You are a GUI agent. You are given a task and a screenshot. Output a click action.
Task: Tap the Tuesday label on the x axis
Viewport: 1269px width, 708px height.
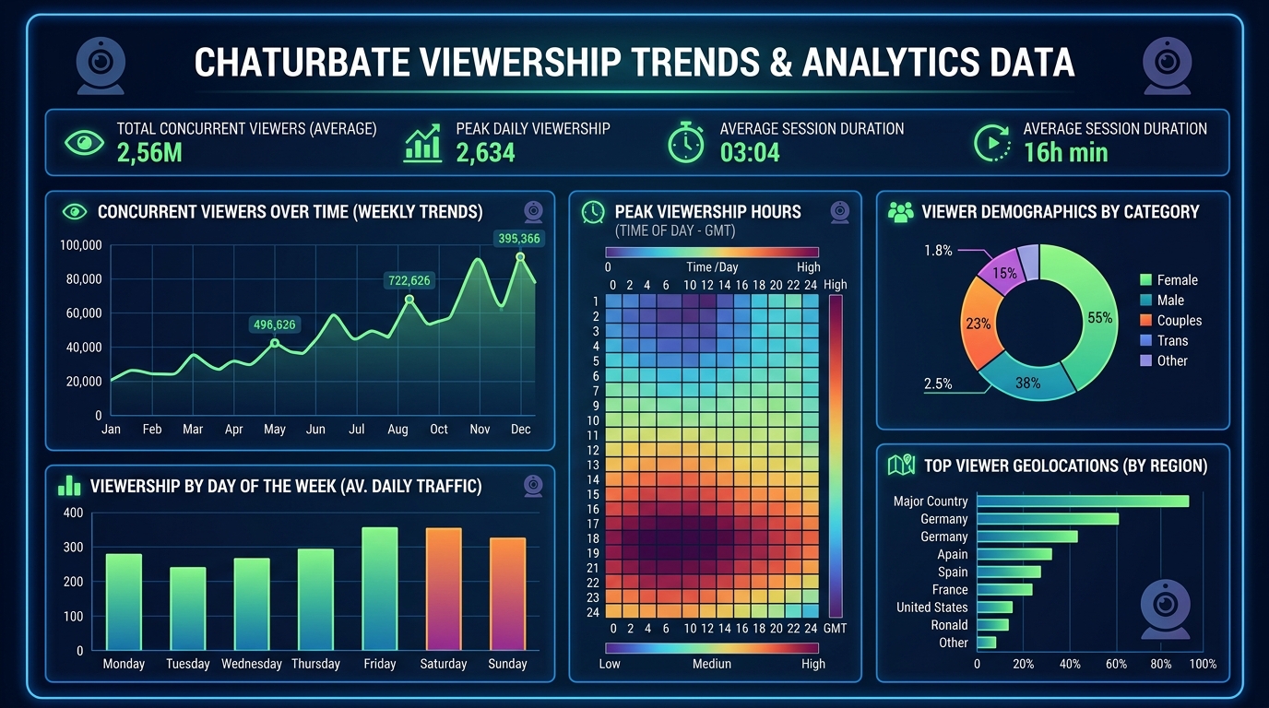pos(187,664)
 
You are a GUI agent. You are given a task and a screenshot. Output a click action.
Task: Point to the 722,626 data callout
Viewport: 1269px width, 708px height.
pos(409,280)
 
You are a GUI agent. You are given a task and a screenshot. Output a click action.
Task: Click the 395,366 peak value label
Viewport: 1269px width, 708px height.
pos(518,239)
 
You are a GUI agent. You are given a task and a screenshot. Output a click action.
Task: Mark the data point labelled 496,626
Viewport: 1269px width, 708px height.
pos(274,343)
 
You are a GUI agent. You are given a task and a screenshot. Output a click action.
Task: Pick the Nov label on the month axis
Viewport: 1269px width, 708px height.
pos(480,430)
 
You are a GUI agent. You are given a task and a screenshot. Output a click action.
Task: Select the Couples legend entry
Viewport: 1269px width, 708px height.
pos(1180,321)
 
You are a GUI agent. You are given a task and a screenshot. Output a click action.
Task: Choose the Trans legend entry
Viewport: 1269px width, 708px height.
pos(1172,341)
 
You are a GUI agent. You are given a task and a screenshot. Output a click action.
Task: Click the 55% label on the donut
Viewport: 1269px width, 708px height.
pos(1100,318)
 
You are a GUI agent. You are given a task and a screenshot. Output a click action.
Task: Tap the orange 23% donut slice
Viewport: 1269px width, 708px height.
pos(978,324)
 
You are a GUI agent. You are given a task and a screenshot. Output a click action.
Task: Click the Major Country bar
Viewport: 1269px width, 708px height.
pos(1083,501)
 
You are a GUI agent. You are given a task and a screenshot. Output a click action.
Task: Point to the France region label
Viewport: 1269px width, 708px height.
pos(950,590)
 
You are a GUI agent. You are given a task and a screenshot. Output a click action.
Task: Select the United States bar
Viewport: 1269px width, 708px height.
pos(994,608)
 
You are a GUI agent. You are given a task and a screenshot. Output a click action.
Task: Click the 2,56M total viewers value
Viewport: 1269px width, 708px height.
pos(149,153)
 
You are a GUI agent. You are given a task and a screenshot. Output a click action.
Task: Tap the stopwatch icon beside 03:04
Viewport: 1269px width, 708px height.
pos(685,143)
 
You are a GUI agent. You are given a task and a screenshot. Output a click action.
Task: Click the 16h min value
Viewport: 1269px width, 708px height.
pos(1065,153)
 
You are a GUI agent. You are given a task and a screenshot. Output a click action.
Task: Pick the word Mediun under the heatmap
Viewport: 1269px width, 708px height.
pos(711,664)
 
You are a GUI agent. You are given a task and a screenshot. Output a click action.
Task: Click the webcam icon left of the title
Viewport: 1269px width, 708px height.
pos(101,65)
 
